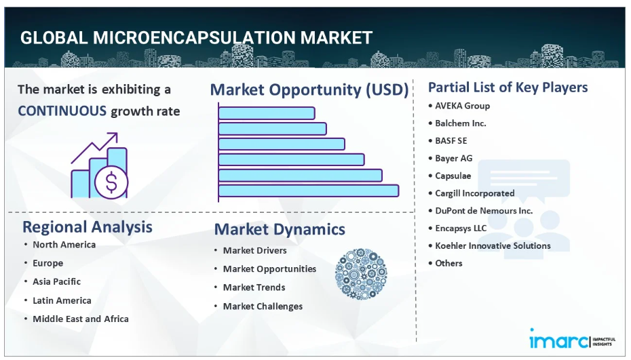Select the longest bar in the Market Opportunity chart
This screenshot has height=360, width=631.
pos(309,191)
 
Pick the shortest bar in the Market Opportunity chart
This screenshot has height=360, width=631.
pos(267,113)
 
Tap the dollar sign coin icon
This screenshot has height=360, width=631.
pos(111,182)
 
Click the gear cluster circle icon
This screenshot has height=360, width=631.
pos(361,273)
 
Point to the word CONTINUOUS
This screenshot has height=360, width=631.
pos(62,111)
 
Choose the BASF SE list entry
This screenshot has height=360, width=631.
pos(451,141)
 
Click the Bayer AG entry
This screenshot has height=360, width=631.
pos(453,158)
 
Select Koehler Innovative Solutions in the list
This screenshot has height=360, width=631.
pos(493,245)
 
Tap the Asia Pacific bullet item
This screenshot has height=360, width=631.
pos(57,281)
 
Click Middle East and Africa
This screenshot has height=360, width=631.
pos(81,319)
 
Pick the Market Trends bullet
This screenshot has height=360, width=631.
pos(254,287)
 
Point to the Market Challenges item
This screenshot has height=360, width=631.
pos(263,306)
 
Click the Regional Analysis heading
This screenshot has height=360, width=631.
pos(88,227)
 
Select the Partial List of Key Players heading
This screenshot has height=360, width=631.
pos(508,87)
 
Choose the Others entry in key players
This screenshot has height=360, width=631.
pos(448,263)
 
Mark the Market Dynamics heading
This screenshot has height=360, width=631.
pos(280,229)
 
